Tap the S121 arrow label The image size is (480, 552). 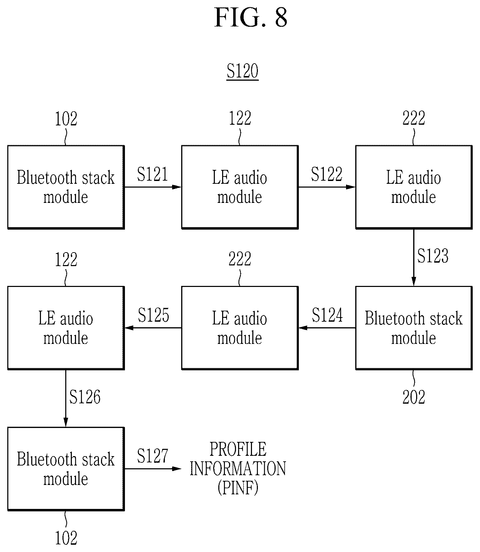(152, 174)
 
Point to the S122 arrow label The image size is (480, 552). (327, 174)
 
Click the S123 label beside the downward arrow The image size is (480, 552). (433, 256)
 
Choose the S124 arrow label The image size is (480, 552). (327, 315)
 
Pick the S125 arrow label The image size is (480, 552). (153, 315)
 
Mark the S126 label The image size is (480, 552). (85, 397)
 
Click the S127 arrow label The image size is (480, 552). (152, 456)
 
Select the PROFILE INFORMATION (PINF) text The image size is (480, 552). (238, 469)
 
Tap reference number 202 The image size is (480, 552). (414, 397)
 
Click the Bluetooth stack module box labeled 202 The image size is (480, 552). (414, 328)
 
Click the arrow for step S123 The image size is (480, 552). (413, 257)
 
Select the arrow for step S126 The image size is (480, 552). (66, 398)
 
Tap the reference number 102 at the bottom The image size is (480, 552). (66, 538)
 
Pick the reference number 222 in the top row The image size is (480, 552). (414, 118)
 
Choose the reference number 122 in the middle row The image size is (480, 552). (66, 259)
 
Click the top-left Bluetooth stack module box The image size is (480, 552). (66, 187)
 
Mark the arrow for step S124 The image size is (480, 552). (327, 328)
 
